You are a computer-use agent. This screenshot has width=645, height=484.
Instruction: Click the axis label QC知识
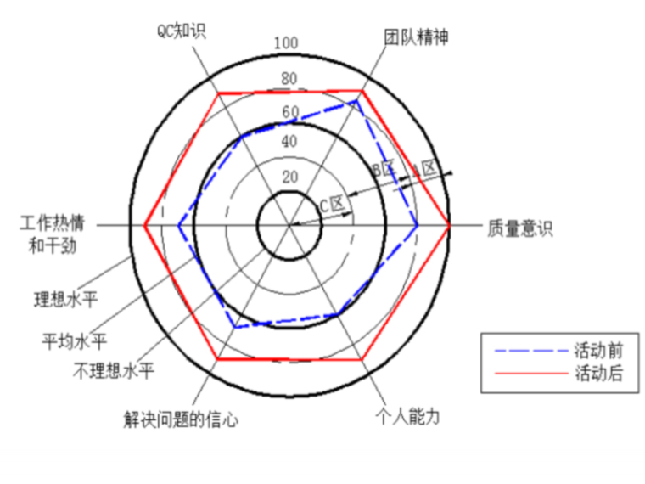coord(182,31)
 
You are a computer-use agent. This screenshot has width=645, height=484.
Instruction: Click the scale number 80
coord(289,79)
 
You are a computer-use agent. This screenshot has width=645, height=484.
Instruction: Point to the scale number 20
coord(289,177)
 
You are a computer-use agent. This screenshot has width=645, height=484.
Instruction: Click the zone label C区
coord(331,204)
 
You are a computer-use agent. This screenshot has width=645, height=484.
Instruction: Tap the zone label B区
coord(384,169)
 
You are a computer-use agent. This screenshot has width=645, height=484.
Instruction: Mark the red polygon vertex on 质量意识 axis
coord(449,226)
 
